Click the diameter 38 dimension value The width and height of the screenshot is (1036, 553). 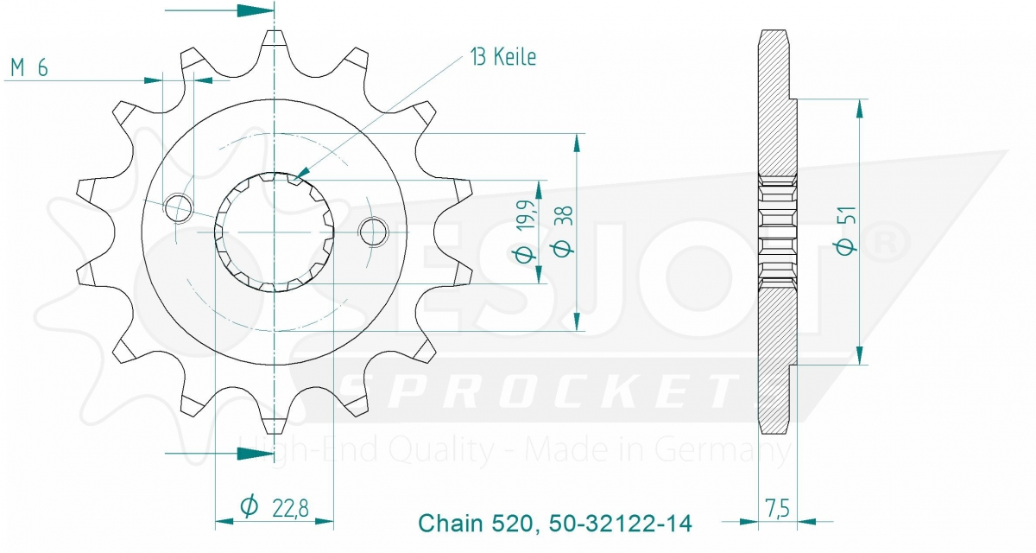[x=561, y=233]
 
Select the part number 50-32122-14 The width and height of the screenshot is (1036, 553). [x=621, y=524]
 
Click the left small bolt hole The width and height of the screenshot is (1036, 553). [x=178, y=207]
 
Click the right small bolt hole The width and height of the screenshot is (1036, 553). [x=373, y=231]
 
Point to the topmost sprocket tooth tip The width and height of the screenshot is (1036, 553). [x=275, y=36]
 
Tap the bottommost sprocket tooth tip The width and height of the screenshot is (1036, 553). [x=275, y=427]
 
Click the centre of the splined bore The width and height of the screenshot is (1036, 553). [x=275, y=232]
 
